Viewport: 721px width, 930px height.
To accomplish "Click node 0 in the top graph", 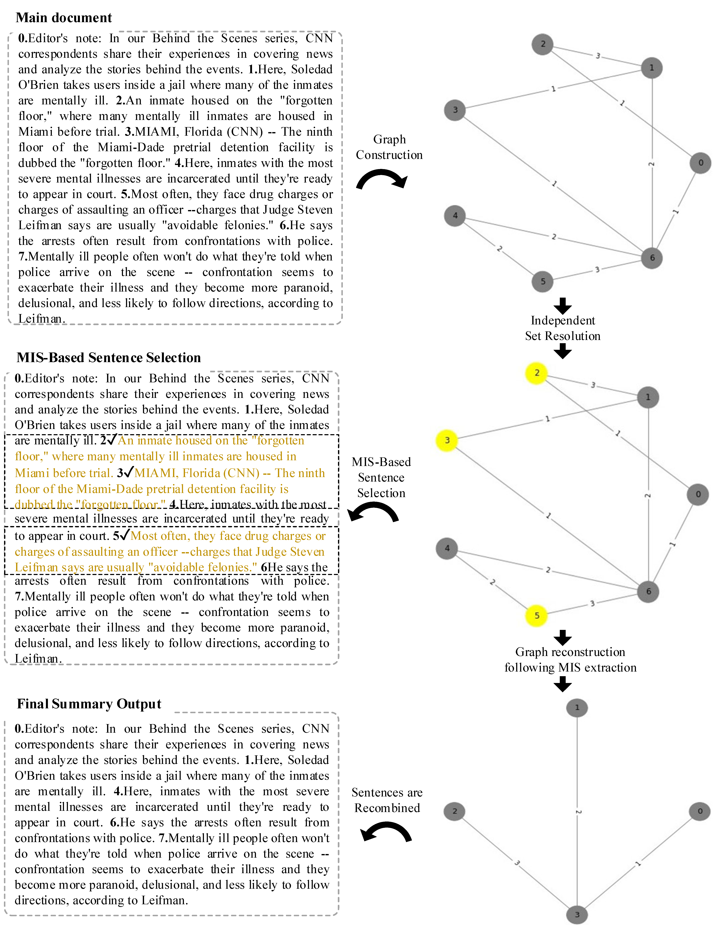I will (x=701, y=163).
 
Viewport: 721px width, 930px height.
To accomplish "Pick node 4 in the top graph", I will (x=455, y=215).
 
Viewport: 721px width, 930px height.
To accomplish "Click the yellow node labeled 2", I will (x=537, y=373).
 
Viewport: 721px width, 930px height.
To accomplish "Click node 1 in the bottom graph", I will (x=577, y=708).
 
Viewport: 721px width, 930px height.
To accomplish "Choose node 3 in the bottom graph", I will (x=577, y=914).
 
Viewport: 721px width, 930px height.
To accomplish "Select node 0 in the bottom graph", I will (x=700, y=811).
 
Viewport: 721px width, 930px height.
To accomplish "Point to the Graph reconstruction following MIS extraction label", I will (x=570, y=660).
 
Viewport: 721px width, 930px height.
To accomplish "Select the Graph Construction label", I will (x=389, y=147).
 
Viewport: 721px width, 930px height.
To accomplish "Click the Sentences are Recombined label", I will (x=387, y=800).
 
